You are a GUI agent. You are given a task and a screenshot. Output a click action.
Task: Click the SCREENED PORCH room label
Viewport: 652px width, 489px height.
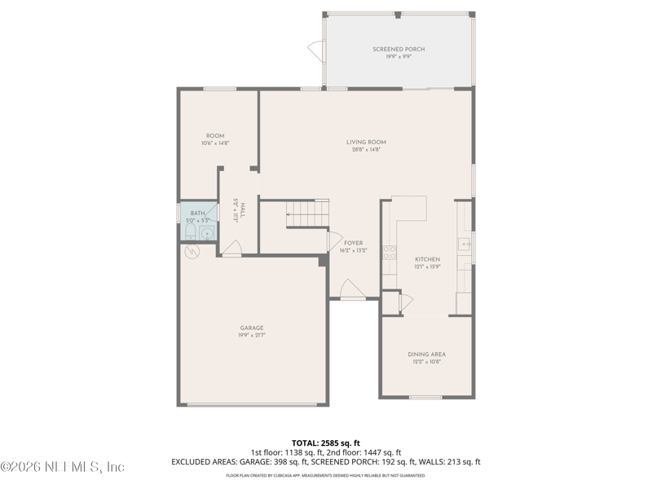(x=399, y=50)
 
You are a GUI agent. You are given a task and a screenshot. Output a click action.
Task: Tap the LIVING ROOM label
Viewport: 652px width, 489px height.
(x=366, y=142)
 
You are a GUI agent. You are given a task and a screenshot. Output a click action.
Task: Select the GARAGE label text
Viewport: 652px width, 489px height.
(x=251, y=328)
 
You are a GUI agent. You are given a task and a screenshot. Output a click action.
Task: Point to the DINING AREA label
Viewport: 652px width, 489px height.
(x=426, y=354)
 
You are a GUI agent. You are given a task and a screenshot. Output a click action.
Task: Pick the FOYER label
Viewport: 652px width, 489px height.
(x=353, y=243)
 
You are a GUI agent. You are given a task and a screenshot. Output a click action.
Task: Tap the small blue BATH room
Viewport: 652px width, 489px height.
(x=198, y=222)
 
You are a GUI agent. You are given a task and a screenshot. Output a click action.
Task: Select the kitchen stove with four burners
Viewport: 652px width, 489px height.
(x=390, y=253)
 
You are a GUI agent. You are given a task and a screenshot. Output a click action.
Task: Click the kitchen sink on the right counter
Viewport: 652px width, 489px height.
(x=465, y=244)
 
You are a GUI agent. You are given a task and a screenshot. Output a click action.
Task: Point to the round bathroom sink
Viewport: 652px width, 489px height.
(x=207, y=234)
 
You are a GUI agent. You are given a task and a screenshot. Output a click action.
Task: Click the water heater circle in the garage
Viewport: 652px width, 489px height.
(x=192, y=253)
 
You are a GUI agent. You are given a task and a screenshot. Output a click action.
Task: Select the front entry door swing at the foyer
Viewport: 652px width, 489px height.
(x=350, y=289)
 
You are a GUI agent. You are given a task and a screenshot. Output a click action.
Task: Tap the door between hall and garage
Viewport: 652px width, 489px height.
(x=232, y=249)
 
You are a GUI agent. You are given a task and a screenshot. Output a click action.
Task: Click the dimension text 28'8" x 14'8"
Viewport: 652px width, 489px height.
(x=366, y=150)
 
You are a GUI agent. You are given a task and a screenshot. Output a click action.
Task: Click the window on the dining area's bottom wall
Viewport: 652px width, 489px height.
(x=425, y=398)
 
